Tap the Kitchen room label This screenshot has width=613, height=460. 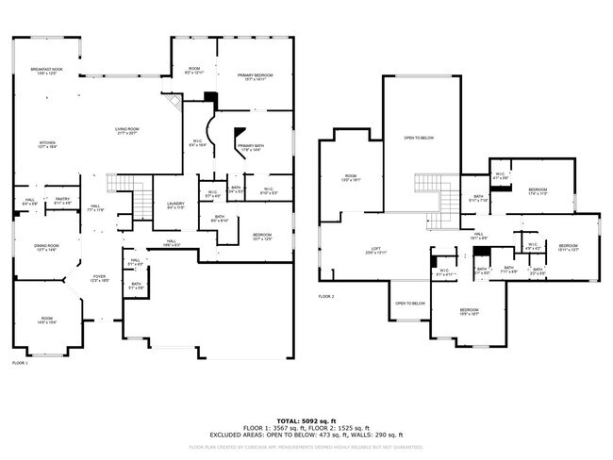[47, 144]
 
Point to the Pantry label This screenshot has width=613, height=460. [62, 200]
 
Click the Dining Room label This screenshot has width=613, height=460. [47, 248]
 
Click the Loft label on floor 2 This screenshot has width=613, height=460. [374, 251]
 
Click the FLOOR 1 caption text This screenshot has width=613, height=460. [20, 363]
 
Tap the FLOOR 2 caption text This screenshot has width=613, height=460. [326, 297]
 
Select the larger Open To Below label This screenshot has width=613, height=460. [419, 138]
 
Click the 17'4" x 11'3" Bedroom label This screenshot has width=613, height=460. [538, 189]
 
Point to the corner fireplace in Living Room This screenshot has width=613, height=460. [172, 101]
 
